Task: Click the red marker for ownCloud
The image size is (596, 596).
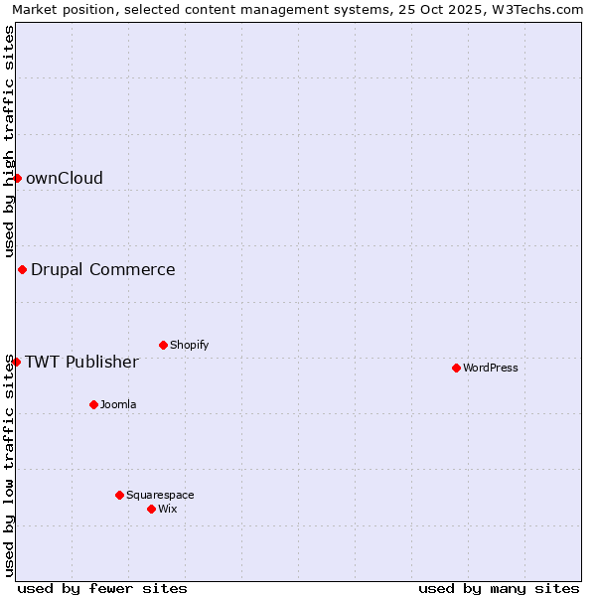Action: click(17, 178)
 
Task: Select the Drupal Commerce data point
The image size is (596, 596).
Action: click(22, 269)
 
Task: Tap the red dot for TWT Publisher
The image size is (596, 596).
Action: click(16, 362)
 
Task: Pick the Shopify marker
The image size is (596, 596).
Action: click(163, 345)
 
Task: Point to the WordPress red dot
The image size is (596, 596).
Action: click(456, 368)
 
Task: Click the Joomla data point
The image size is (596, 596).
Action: click(93, 404)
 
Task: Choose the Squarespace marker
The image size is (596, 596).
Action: click(119, 495)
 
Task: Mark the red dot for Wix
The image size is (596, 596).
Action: click(151, 509)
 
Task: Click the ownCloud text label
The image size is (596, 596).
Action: click(64, 178)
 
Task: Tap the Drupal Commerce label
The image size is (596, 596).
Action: click(102, 269)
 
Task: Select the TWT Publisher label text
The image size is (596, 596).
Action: click(81, 362)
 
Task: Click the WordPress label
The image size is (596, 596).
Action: click(491, 368)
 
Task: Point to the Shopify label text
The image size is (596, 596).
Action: click(189, 345)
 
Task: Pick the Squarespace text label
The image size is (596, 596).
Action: click(160, 495)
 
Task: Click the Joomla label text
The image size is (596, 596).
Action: click(118, 404)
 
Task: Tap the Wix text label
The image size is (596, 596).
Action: click(167, 509)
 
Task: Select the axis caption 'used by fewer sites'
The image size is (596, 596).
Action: click(102, 588)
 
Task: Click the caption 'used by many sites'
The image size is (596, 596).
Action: click(499, 588)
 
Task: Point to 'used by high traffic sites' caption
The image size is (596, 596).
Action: click(9, 141)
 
